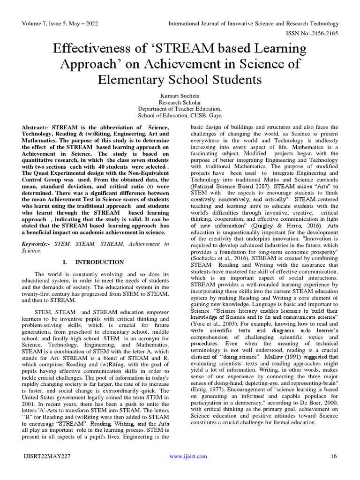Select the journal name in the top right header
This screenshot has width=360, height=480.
click(x=254, y=24)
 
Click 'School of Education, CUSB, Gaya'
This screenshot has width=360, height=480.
click(x=180, y=116)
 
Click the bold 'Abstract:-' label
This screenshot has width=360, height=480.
click(x=36, y=127)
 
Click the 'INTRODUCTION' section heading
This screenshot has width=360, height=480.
click(x=100, y=262)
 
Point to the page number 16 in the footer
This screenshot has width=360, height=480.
click(x=334, y=456)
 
